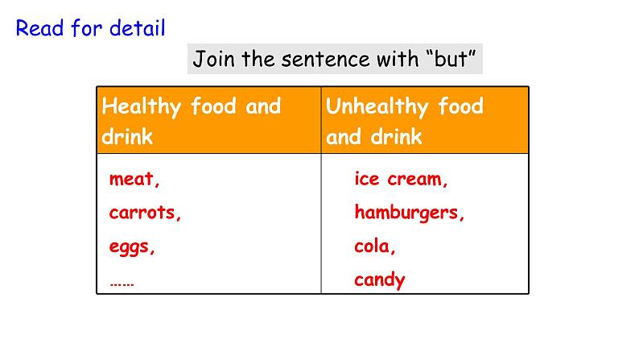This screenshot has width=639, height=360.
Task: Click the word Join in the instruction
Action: coord(212,60)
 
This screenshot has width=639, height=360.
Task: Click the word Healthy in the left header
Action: coord(143,106)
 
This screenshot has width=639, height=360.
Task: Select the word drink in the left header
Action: coord(127,137)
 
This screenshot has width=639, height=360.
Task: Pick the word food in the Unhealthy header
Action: coord(461,106)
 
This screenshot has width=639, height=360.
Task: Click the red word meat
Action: coord(134,180)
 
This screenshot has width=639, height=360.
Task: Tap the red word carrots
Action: coord(146,213)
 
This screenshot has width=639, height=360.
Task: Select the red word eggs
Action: coord(132,247)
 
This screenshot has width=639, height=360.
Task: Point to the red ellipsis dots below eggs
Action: coord(122,282)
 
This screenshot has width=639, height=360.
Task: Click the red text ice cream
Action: coord(401,180)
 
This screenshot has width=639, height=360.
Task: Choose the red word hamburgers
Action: coord(410,213)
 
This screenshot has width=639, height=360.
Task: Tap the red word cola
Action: coord(375,247)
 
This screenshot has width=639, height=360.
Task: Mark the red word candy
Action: coord(380,280)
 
